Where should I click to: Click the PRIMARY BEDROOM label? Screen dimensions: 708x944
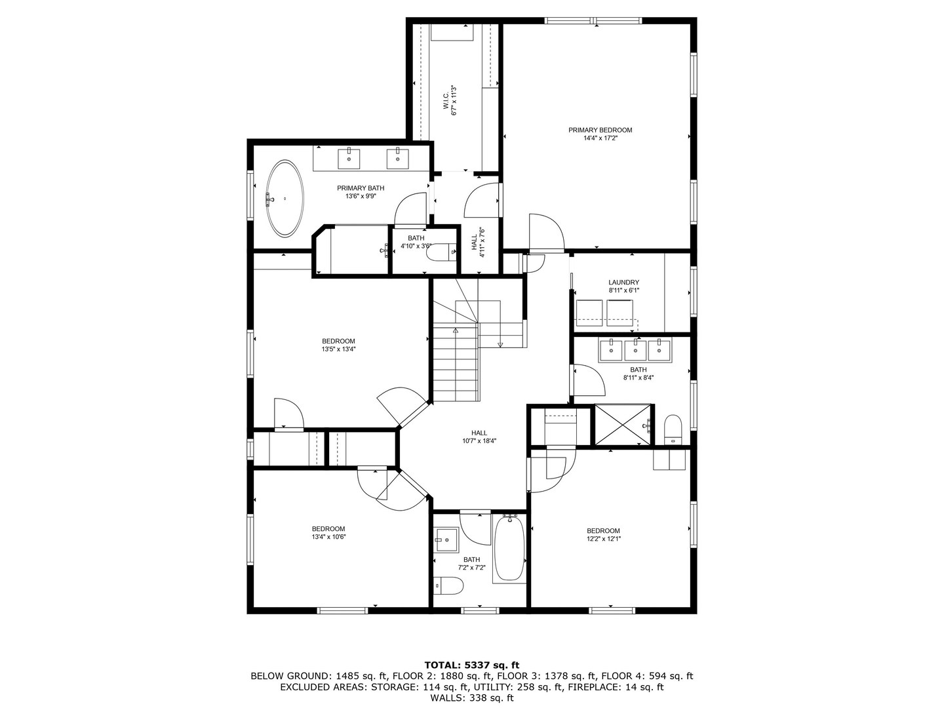point(600,130)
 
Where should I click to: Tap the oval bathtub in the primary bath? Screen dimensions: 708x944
point(284,199)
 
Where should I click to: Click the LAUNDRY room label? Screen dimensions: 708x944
point(623,283)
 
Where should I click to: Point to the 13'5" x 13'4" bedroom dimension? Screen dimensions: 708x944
point(338,349)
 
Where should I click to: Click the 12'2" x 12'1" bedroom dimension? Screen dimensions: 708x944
point(603,539)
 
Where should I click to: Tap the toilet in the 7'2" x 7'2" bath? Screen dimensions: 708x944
point(449,585)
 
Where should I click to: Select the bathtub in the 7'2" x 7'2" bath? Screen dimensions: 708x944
point(509,548)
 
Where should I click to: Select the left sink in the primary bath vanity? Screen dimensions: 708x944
point(349,157)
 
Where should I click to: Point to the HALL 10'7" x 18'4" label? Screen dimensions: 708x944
point(479,437)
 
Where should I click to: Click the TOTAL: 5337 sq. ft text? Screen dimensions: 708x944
point(471,665)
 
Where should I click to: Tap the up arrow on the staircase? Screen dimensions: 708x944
point(455,332)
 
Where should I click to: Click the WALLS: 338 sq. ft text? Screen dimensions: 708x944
point(471,698)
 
